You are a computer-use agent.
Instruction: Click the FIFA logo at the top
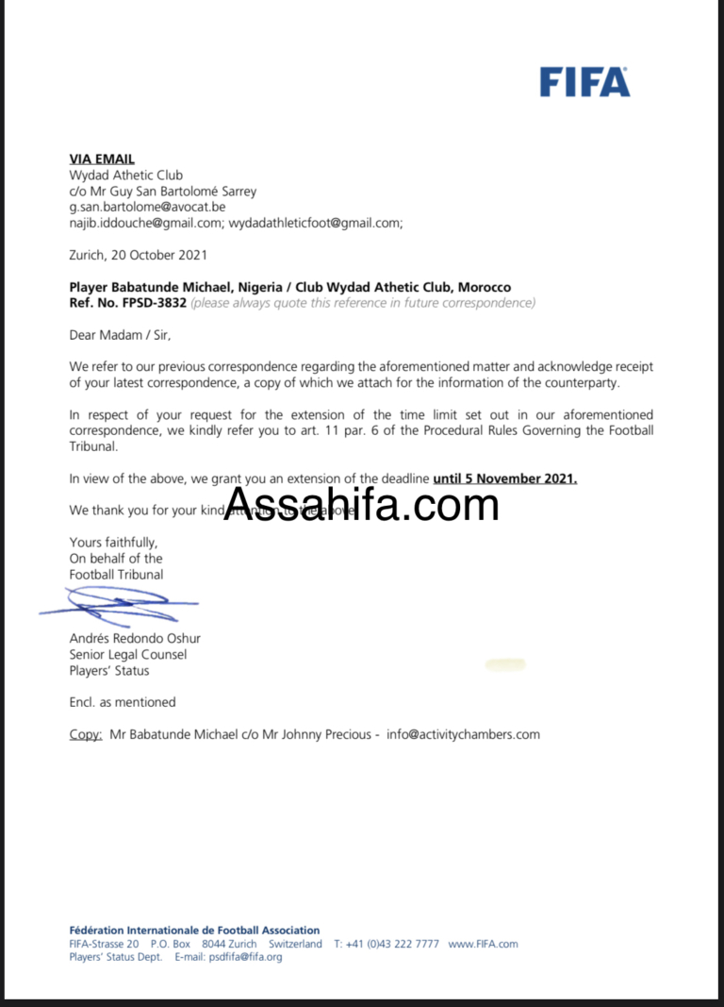click(584, 82)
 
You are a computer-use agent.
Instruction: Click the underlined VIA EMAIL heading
click(102, 159)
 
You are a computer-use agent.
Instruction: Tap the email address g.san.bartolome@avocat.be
click(147, 207)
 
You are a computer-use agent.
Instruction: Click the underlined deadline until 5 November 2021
click(504, 478)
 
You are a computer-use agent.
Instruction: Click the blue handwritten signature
click(118, 604)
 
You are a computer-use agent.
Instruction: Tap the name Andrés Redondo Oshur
click(135, 638)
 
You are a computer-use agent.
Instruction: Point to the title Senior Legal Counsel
click(128, 655)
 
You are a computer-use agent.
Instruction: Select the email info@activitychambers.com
click(463, 734)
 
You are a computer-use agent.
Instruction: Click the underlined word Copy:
click(86, 734)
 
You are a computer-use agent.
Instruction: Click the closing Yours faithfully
click(113, 542)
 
